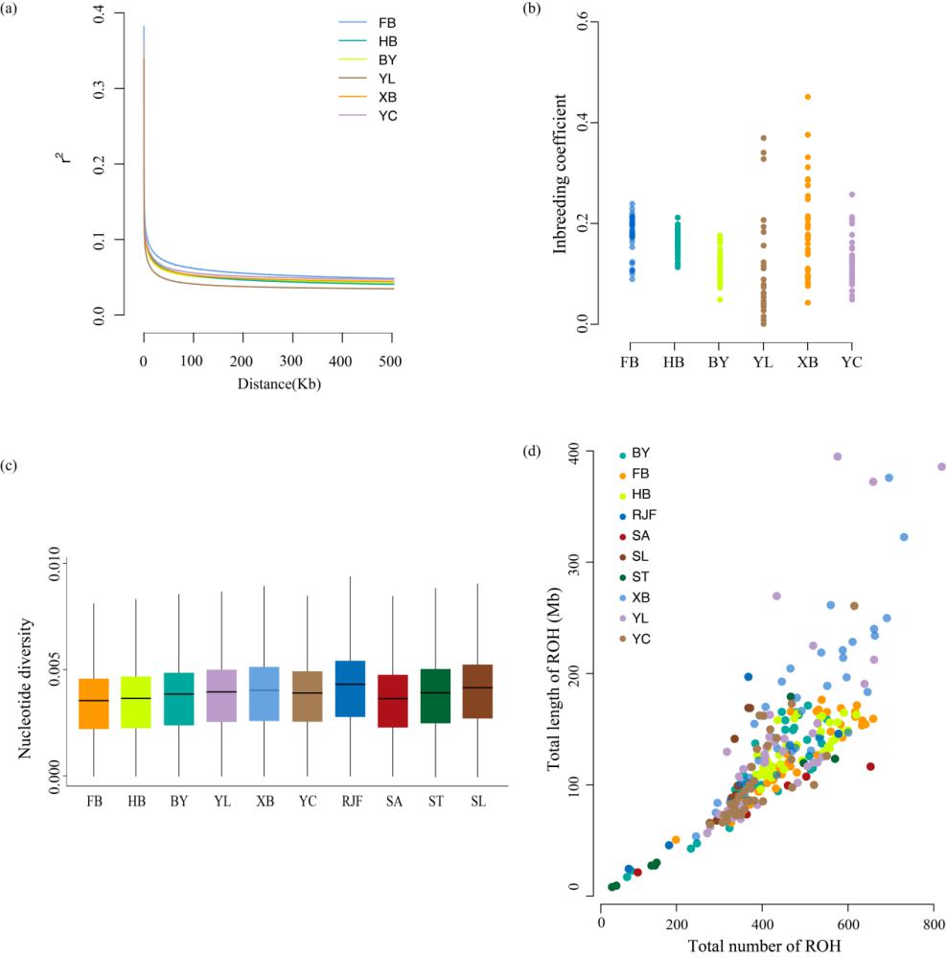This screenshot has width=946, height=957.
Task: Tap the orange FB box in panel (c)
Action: click(94, 703)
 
